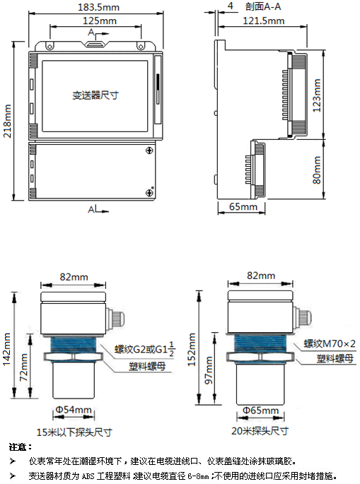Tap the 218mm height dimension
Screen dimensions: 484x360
[8, 123]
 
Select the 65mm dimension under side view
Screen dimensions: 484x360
[243, 207]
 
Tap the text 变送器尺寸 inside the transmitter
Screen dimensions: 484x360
[95, 95]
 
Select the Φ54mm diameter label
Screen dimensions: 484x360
[74, 410]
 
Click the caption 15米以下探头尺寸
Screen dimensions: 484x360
[74, 430]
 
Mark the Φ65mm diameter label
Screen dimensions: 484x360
[257, 410]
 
